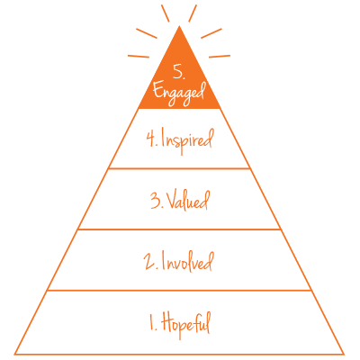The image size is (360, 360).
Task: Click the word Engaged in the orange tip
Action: click(179, 93)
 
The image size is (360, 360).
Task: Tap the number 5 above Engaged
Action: click(178, 72)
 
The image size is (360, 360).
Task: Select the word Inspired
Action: click(186, 140)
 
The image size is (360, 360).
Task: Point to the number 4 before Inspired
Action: click(151, 139)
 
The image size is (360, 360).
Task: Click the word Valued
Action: click(187, 200)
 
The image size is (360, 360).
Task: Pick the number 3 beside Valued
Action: click(157, 201)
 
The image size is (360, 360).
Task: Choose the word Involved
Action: click(187, 262)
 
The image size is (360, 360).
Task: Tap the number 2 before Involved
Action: click(151, 262)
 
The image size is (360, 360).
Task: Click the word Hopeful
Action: click(185, 325)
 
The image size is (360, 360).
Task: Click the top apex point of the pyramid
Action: click(179, 26)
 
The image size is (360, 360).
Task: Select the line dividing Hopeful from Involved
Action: click(179, 290)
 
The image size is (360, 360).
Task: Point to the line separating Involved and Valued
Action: click(179, 229)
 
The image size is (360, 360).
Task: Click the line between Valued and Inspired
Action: click(179, 168)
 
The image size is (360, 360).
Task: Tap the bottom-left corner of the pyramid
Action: click(15, 354)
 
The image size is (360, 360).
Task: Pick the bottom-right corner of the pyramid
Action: click(344, 354)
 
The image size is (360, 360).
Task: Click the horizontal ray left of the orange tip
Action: click(139, 56)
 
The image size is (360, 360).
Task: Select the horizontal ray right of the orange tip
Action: click(220, 56)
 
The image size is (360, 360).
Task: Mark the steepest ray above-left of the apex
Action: click(166, 13)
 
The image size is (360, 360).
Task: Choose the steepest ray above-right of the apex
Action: click(193, 13)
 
